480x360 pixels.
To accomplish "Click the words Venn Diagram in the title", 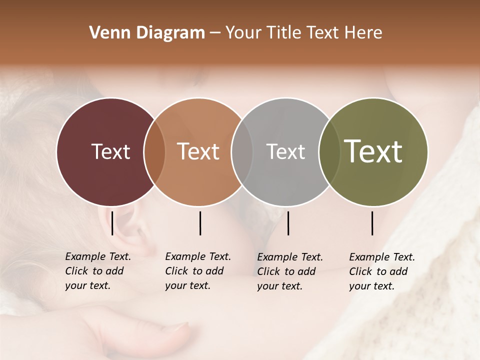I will click(146, 33).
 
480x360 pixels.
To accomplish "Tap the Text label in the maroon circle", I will click(110, 151).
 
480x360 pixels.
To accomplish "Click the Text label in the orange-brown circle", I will click(198, 151).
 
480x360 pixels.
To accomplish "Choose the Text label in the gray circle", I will click(285, 151).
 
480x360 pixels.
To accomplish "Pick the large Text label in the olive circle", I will click(373, 151).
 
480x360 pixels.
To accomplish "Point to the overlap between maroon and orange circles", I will click(154, 151).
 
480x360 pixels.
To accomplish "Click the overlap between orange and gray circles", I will click(242, 151).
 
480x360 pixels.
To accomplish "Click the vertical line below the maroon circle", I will click(112, 223).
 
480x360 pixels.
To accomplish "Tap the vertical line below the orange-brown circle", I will click(200, 223).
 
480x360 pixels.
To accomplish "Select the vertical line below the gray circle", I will click(288, 223).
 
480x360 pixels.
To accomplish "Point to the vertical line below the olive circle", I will click(372, 223).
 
